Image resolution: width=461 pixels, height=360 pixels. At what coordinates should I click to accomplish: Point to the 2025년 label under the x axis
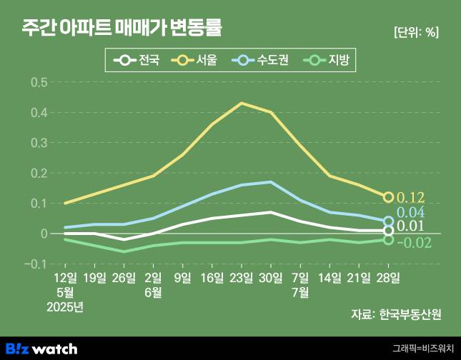(x=65, y=307)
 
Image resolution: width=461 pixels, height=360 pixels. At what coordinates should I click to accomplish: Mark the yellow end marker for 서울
(x=389, y=197)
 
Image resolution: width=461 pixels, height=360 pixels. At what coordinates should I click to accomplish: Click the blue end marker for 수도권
(x=389, y=221)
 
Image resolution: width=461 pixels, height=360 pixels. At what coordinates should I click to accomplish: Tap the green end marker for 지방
(x=389, y=239)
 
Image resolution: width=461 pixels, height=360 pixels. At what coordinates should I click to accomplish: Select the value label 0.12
(x=411, y=197)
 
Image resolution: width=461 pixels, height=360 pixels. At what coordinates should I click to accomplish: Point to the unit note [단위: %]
(x=416, y=32)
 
